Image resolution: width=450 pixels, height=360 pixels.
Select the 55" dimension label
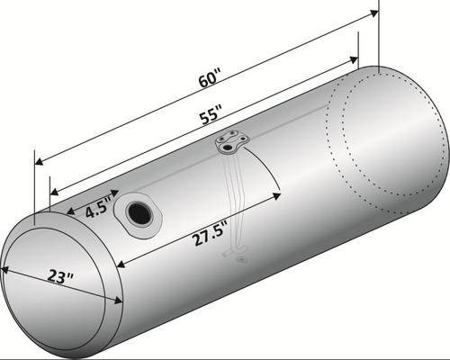[211, 114]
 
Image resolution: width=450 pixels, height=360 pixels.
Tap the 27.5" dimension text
[209, 235]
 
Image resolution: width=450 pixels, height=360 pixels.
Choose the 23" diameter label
[61, 276]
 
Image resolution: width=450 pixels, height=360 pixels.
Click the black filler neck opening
[139, 214]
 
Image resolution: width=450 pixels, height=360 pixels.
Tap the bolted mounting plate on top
[232, 142]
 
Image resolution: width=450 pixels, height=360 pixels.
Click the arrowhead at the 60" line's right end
[373, 13]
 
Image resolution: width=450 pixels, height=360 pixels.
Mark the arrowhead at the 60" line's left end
[39, 161]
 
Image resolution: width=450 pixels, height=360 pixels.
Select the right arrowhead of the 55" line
[354, 59]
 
